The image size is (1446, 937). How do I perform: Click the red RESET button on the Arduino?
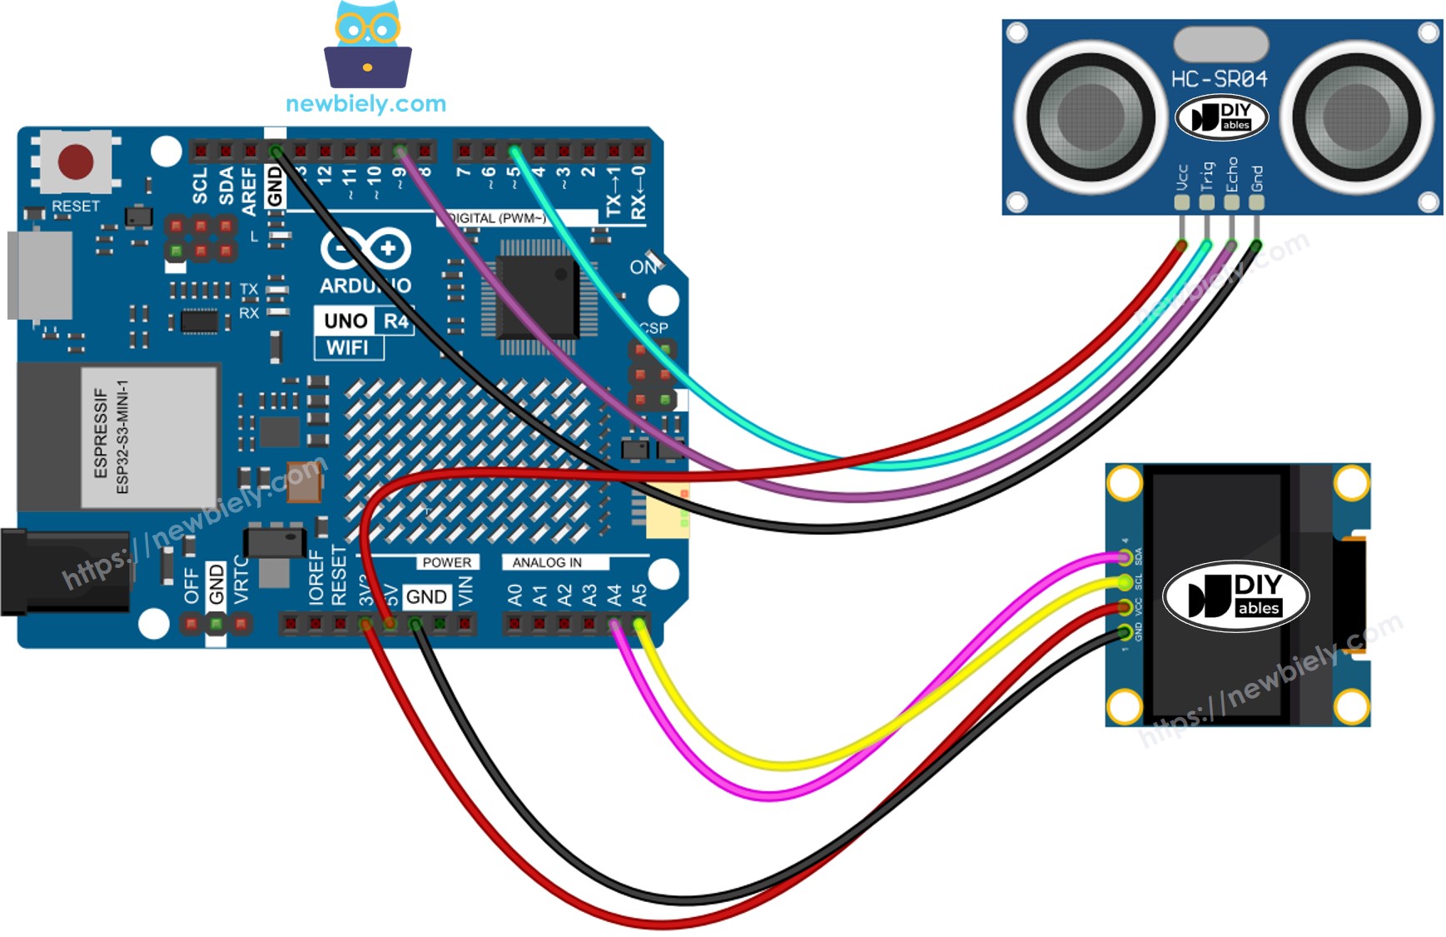pyautogui.click(x=76, y=162)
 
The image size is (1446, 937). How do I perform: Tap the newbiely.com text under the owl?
pyautogui.click(x=365, y=104)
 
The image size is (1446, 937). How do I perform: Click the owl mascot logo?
pyautogui.click(x=367, y=45)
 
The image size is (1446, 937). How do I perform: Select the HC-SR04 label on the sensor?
pyautogui.click(x=1219, y=79)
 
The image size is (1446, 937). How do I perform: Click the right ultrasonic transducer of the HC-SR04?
pyautogui.click(x=1356, y=117)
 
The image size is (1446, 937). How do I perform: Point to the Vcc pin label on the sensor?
pyautogui.click(x=1181, y=177)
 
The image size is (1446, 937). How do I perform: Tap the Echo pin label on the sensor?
pyautogui.click(x=1232, y=174)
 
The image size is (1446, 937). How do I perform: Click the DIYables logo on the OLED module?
pyautogui.click(x=1235, y=596)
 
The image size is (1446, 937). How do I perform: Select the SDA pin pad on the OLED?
pyautogui.click(x=1125, y=558)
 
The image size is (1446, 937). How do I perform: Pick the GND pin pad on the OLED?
pyautogui.click(x=1125, y=632)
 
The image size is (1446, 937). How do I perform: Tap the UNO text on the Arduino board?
pyautogui.click(x=345, y=321)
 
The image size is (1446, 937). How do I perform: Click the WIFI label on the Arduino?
pyautogui.click(x=347, y=347)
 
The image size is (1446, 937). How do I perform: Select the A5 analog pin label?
pyautogui.click(x=639, y=595)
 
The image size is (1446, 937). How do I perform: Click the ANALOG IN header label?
pyautogui.click(x=547, y=562)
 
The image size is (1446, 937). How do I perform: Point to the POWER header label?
pyautogui.click(x=446, y=562)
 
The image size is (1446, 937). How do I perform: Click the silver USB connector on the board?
pyautogui.click(x=38, y=276)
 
